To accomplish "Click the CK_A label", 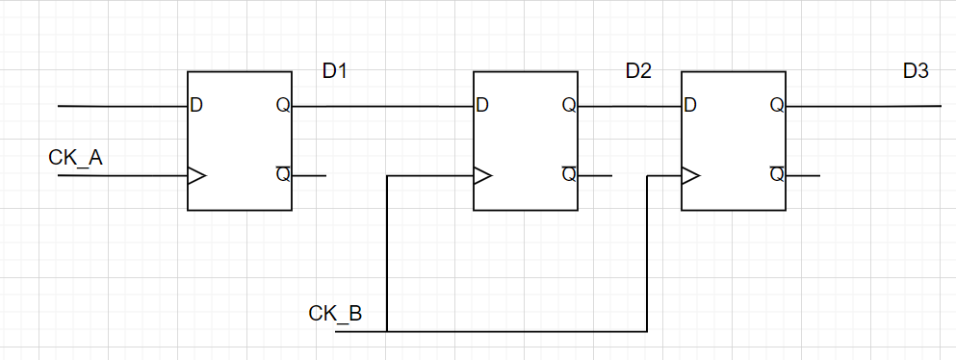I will (x=75, y=157).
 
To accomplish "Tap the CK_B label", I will (x=335, y=314).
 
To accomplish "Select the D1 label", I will (x=335, y=71).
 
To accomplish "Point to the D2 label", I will (x=638, y=71).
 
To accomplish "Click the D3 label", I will (x=916, y=71).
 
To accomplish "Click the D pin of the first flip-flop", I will (x=196, y=105).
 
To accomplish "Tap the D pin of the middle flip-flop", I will (x=482, y=105).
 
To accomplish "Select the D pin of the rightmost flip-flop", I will (x=689, y=105).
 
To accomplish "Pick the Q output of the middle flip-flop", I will (x=569, y=105).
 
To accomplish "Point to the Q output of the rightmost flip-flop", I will (x=776, y=105).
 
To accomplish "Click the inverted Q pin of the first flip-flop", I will (x=283, y=174).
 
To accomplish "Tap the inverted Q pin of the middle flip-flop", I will (x=569, y=174).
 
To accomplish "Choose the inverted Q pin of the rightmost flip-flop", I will (x=776, y=174).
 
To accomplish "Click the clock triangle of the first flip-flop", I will (x=196, y=176).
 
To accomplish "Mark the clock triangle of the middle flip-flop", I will (x=482, y=176).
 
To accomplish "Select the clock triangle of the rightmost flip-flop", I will (x=689, y=176).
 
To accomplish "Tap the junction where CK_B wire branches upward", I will (x=387, y=332).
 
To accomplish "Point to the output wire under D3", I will (x=866, y=106).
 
